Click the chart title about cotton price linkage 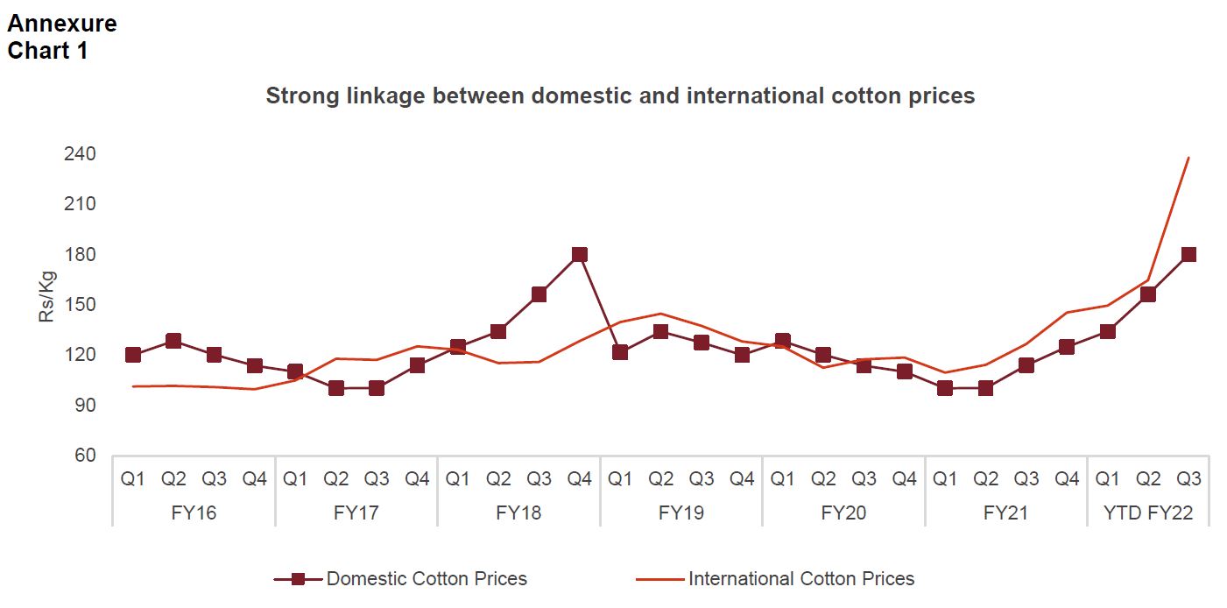point(620,95)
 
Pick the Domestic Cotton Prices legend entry point(427,578)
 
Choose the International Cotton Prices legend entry point(800,578)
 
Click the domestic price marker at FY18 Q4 point(579,255)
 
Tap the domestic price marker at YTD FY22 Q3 point(1188,255)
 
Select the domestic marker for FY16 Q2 point(173,341)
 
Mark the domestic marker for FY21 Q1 point(944,388)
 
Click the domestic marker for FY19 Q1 point(620,352)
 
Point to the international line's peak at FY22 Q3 point(1188,158)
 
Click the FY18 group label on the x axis point(518,513)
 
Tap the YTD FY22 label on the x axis point(1148,513)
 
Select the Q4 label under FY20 point(904,479)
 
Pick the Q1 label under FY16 point(133,479)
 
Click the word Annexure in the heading point(62,24)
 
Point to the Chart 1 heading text point(47,51)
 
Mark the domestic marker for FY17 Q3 point(377,388)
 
